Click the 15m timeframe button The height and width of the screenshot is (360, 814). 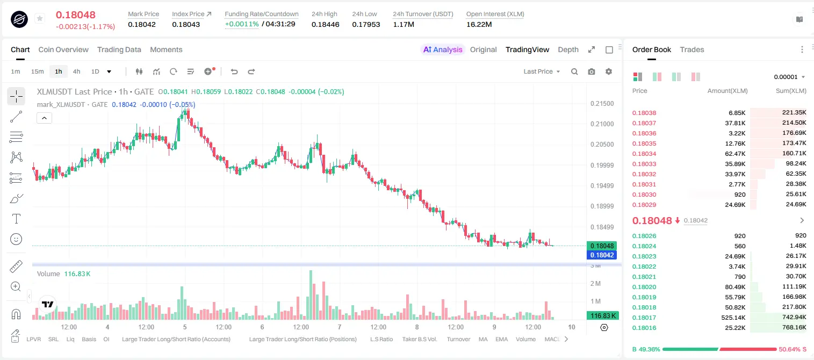pos(38,71)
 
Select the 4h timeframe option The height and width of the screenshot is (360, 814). pos(76,71)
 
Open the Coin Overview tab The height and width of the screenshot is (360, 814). pos(63,49)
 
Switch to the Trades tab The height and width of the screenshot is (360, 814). pos(692,49)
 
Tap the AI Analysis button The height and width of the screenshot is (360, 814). pos(443,49)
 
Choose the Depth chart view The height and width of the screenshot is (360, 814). pos(568,49)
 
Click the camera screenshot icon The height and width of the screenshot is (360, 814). pos(592,71)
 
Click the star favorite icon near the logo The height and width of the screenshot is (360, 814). pos(40,18)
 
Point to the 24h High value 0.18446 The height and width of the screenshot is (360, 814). pos(325,24)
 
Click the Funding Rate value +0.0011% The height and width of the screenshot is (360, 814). pos(242,24)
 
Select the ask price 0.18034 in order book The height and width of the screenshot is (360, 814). pos(644,154)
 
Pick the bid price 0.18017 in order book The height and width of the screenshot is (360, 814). pos(644,318)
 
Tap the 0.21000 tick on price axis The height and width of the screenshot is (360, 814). pos(602,124)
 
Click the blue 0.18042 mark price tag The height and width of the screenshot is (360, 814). pos(602,255)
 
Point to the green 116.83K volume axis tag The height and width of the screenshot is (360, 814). pos(602,316)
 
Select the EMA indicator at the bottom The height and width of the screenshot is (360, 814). pos(501,339)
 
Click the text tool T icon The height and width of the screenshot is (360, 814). pos(16,219)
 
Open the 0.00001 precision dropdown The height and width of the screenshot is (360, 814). pos(789,77)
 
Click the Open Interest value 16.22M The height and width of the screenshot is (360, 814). pos(479,24)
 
